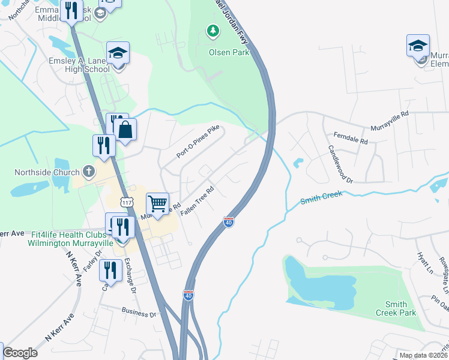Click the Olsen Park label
(220, 52)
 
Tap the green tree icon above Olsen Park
(211, 30)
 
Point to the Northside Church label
(47, 173)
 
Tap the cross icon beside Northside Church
(88, 172)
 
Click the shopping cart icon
(157, 203)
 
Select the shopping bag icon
(125, 130)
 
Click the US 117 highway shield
(127, 203)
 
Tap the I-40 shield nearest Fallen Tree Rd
(229, 222)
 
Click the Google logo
(20, 353)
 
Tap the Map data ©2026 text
(423, 355)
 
